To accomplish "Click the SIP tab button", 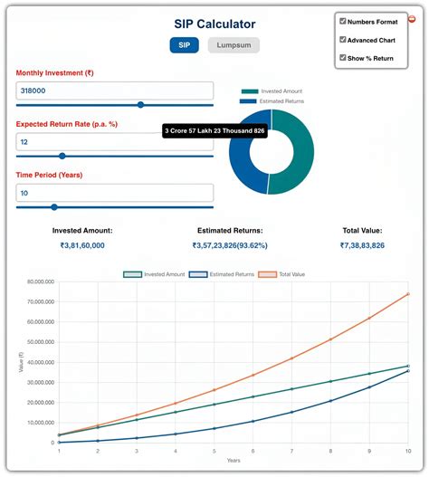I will tap(184, 45).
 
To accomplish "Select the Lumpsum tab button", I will tap(234, 45).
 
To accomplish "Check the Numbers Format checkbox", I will tap(342, 21).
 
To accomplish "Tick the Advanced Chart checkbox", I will tap(342, 40).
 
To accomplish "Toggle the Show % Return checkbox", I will tap(342, 58).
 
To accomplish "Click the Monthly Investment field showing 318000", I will tap(115, 91).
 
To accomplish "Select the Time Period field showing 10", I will tap(115, 193).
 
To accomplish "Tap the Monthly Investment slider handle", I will tap(139, 105).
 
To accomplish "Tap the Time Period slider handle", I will tap(54, 207).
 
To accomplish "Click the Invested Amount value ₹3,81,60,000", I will tap(82, 245).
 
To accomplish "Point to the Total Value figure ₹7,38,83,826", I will tap(362, 245).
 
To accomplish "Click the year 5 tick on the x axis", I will tap(214, 450).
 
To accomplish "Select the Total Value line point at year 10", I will tap(408, 294).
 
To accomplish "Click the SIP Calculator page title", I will tap(214, 24).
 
